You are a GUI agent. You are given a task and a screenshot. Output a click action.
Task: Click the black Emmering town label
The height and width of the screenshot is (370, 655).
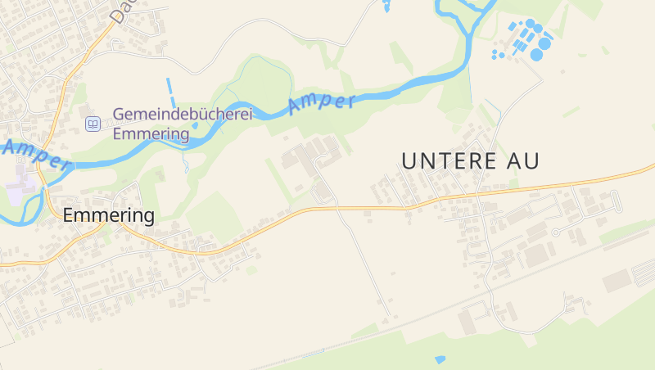coord(108,216)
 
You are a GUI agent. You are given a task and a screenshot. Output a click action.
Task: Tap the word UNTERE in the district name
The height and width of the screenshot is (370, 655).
coord(446,161)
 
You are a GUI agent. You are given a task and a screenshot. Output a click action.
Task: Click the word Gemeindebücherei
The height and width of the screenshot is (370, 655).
coord(182,115)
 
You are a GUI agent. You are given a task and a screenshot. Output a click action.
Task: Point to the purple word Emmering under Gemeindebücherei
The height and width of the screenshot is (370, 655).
coord(151,133)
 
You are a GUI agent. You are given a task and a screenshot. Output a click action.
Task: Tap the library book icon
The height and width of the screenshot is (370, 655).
coord(93,124)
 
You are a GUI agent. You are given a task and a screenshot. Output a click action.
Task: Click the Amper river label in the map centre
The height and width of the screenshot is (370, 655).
coord(322,103)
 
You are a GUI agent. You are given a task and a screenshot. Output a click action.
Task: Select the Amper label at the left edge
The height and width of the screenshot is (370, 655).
coord(34,155)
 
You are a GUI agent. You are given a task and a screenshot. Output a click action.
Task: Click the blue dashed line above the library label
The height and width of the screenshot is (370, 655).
coord(171,89)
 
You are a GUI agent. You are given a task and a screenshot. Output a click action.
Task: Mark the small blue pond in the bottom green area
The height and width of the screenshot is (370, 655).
coord(440,359)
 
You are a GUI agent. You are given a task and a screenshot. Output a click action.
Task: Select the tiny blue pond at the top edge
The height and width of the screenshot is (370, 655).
coord(386,7)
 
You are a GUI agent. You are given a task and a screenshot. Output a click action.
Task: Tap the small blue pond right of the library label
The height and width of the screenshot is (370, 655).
coord(195,126)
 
